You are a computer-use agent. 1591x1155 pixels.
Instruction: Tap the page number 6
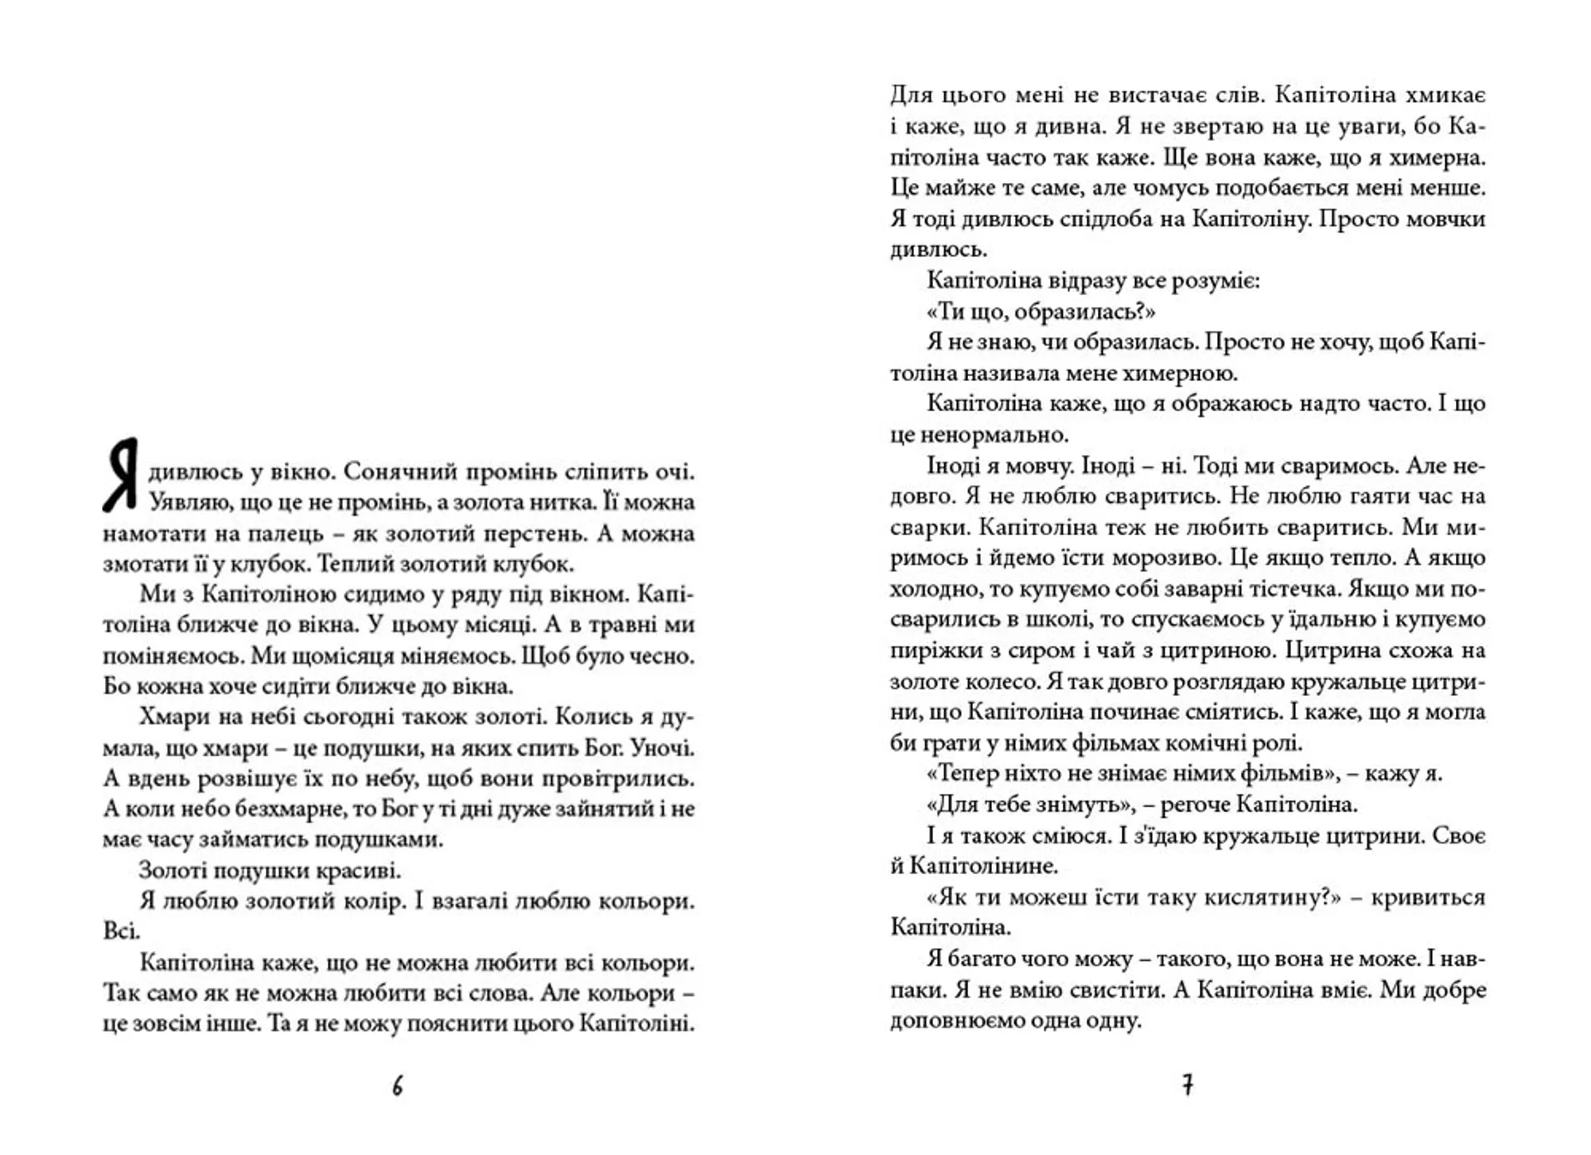[398, 1086]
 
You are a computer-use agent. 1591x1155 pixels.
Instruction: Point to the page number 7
[1187, 1085]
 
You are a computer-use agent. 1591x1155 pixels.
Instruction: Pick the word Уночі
[662, 748]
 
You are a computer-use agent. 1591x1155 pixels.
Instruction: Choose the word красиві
[358, 871]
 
